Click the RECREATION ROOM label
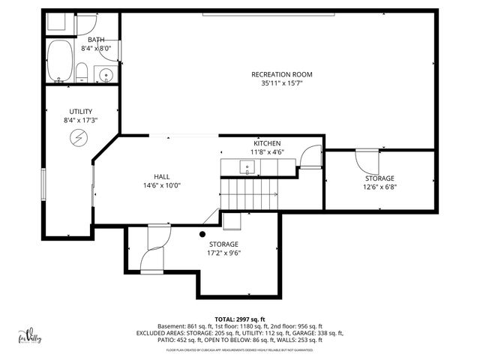click(x=281, y=74)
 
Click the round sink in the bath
click(x=106, y=75)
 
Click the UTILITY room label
click(x=81, y=111)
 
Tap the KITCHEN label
click(x=267, y=143)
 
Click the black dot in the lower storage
click(x=202, y=234)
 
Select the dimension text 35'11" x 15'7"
click(x=281, y=83)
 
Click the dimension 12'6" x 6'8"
click(x=379, y=187)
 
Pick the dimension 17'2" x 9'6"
click(x=223, y=253)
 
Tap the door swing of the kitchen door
click(x=307, y=155)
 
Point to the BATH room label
click(x=96, y=40)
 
